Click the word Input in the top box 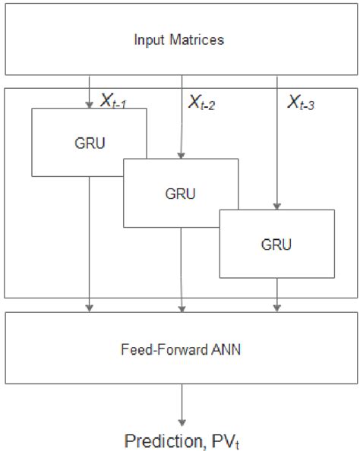pos(150,40)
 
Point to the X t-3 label pos(301,101)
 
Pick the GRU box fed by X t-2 pos(181,193)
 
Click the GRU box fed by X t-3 pos(276,244)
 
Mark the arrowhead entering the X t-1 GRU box pos(90,105)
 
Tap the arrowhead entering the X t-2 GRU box pos(181,155)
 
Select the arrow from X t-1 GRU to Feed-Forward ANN pos(90,243)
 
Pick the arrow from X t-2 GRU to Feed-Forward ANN pos(181,270)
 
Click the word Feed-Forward pos(155,352)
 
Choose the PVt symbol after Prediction pos(215,440)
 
